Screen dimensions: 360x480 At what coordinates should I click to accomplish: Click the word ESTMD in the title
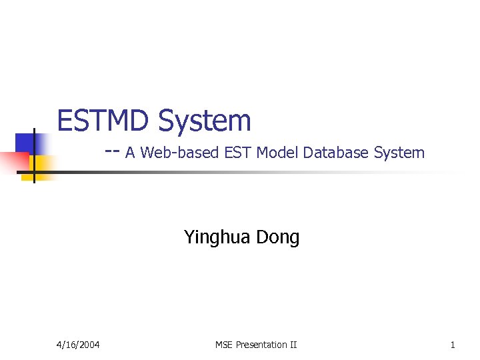[x=105, y=121]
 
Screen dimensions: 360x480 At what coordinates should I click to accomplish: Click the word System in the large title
[x=205, y=121]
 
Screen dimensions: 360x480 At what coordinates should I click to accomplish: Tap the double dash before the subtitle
[x=112, y=151]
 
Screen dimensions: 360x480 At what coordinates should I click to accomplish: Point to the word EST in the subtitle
[x=237, y=153]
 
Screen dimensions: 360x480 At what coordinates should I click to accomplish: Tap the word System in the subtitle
[x=399, y=153]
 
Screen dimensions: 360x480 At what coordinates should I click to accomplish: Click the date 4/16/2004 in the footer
[x=77, y=345]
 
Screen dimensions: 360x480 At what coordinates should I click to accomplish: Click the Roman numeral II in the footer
[x=293, y=345]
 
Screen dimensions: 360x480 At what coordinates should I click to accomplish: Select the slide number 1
[x=453, y=345]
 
